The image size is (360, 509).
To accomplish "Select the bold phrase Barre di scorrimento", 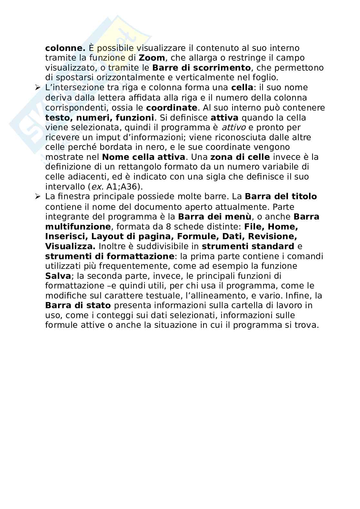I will click(201, 68).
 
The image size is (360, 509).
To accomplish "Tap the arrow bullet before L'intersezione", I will click(38, 88).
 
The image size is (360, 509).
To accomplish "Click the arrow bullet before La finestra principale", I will click(38, 197).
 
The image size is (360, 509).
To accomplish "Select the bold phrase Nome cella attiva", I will click(144, 157).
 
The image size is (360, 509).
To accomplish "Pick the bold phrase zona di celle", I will click(240, 157).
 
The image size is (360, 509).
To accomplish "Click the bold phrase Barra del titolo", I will click(281, 197).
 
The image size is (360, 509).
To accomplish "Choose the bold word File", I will click(253, 226).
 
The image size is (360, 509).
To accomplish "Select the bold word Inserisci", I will click(65, 236).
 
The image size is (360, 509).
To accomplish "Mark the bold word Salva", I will click(58, 276).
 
